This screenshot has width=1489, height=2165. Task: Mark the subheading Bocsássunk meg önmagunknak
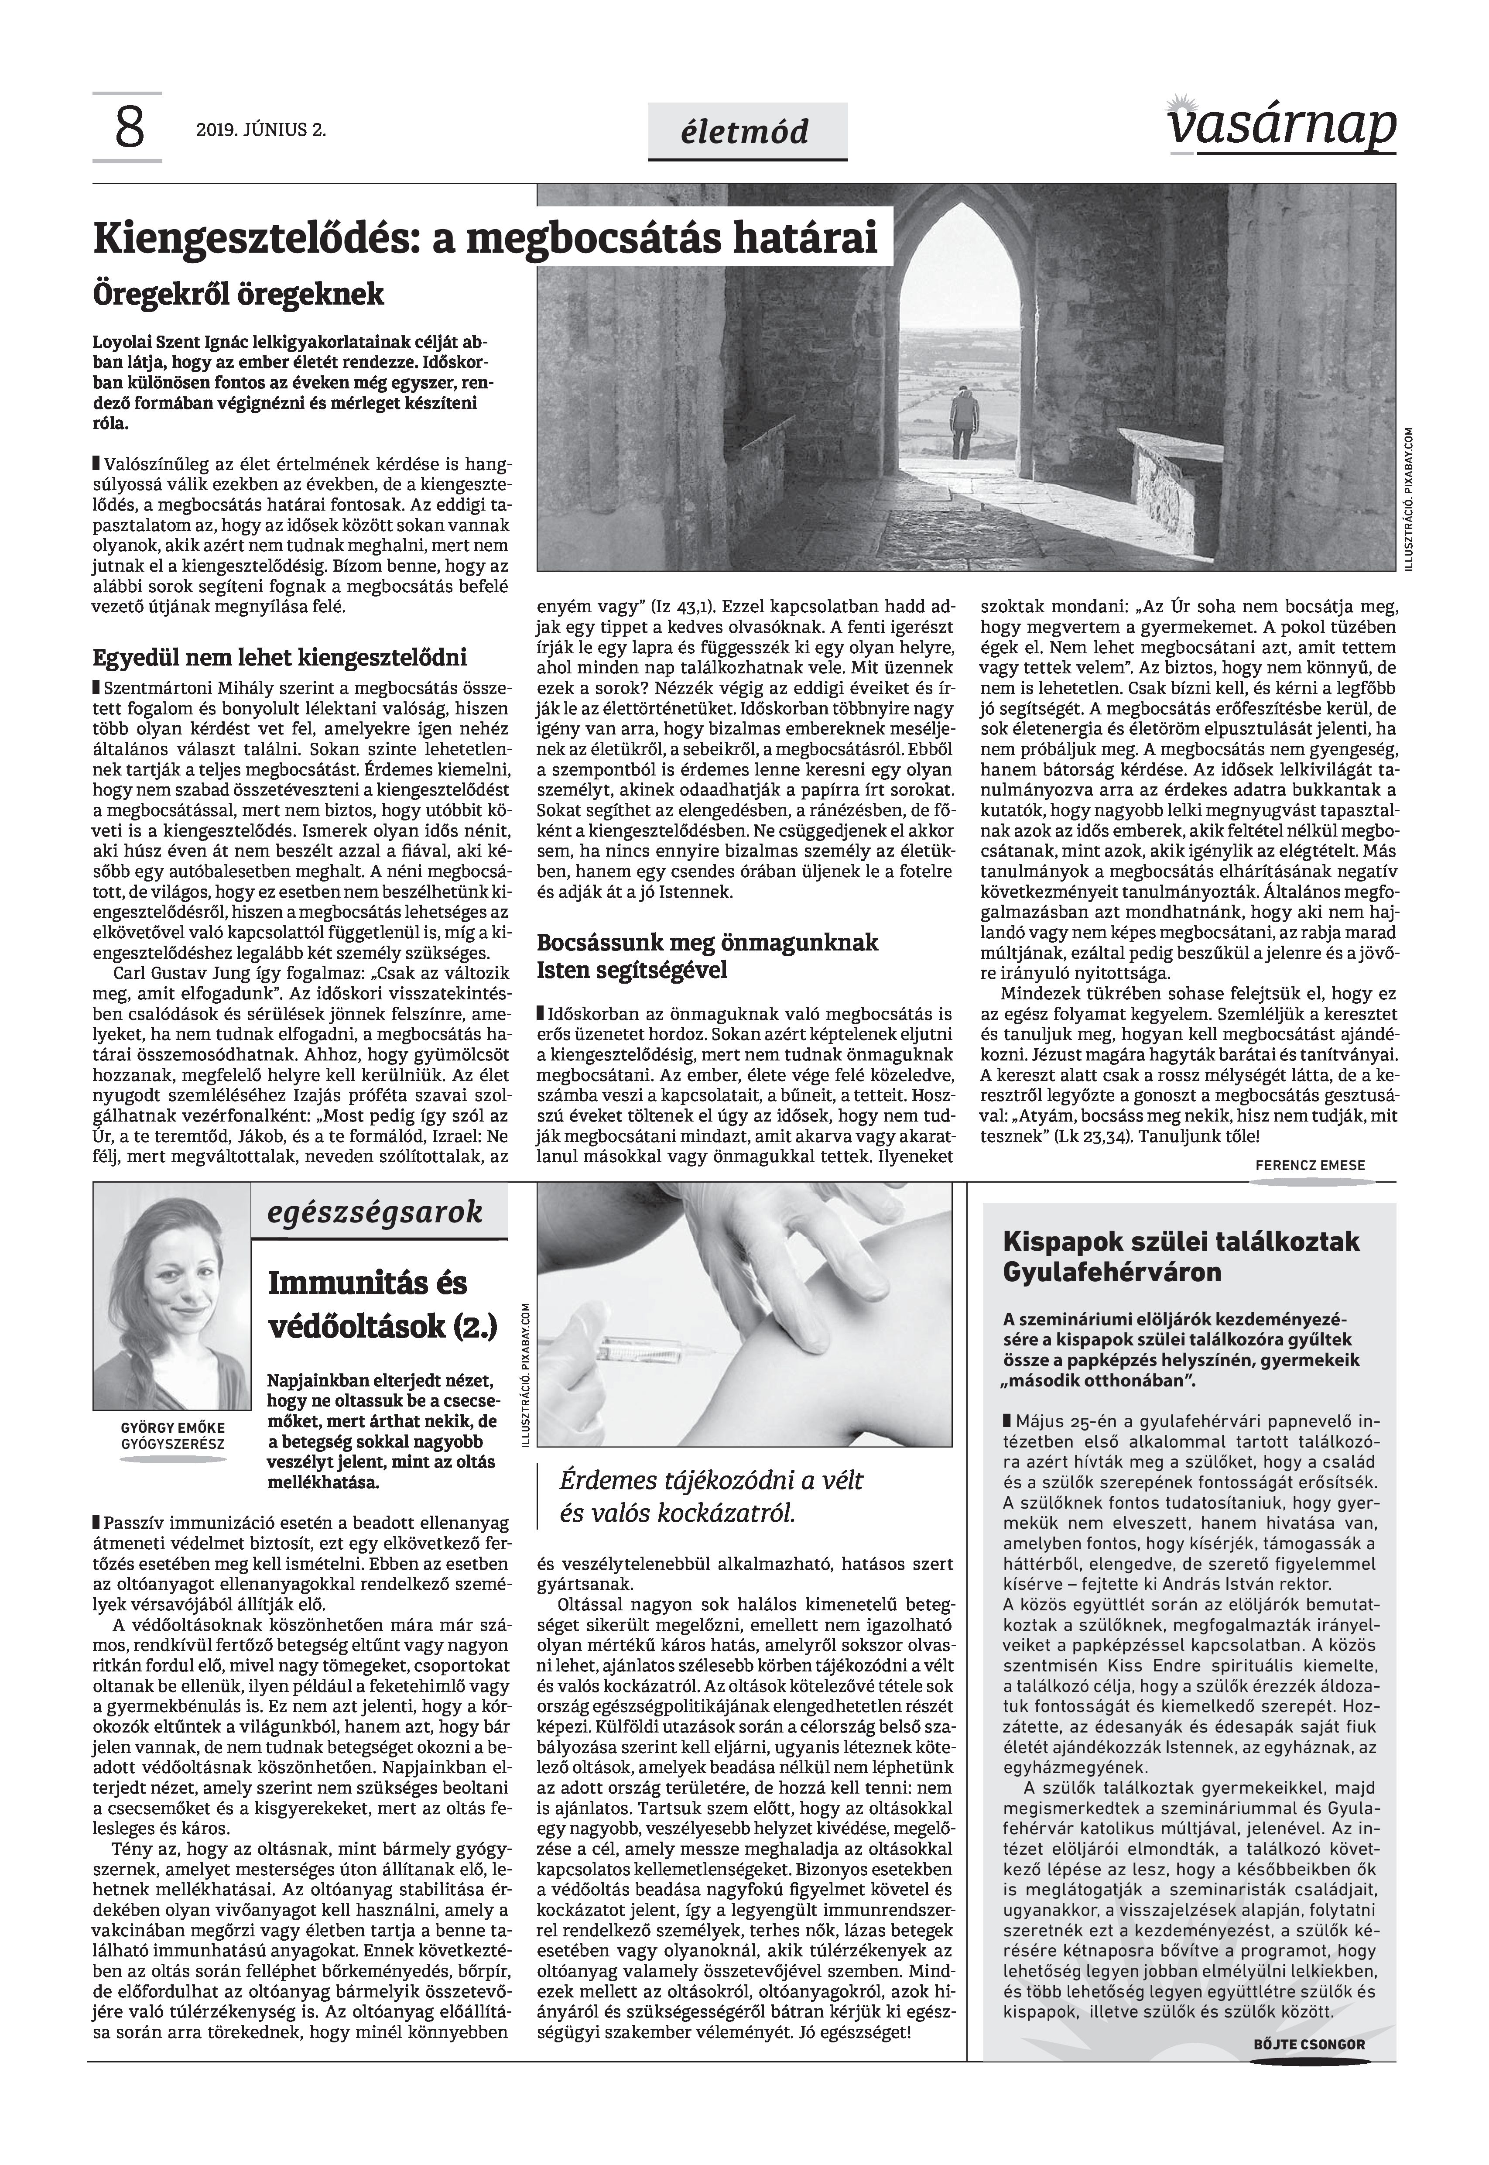(x=707, y=942)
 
